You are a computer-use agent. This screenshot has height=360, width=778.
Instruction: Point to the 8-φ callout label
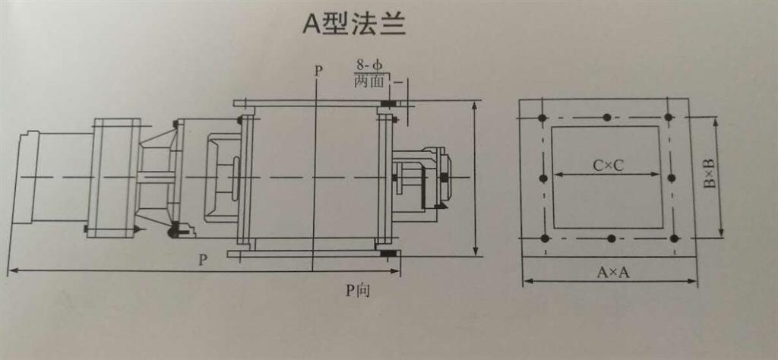pos(369,66)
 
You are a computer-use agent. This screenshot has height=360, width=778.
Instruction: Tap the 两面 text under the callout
pos(370,81)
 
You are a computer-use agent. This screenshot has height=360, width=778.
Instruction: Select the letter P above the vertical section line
pos(318,70)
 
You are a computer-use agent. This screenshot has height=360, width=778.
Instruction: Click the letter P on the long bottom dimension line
pos(203,260)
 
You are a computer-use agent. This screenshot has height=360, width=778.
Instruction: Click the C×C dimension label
pos(608,164)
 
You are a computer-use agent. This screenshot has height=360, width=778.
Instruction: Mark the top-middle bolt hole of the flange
pos(606,117)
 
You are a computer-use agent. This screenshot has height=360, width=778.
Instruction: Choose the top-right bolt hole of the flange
pos(669,117)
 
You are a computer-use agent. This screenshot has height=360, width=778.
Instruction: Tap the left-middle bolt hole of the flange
pos(543,178)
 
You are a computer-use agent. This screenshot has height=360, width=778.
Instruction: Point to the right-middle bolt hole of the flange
pos(671,178)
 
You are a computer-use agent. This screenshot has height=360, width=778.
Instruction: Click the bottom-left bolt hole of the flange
pos(545,238)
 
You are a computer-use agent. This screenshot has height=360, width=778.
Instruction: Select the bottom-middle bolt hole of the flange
pos(612,239)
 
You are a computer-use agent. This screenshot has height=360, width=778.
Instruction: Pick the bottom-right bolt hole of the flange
pos(675,238)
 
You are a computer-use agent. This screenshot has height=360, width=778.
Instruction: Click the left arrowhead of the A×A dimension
pos(526,281)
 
